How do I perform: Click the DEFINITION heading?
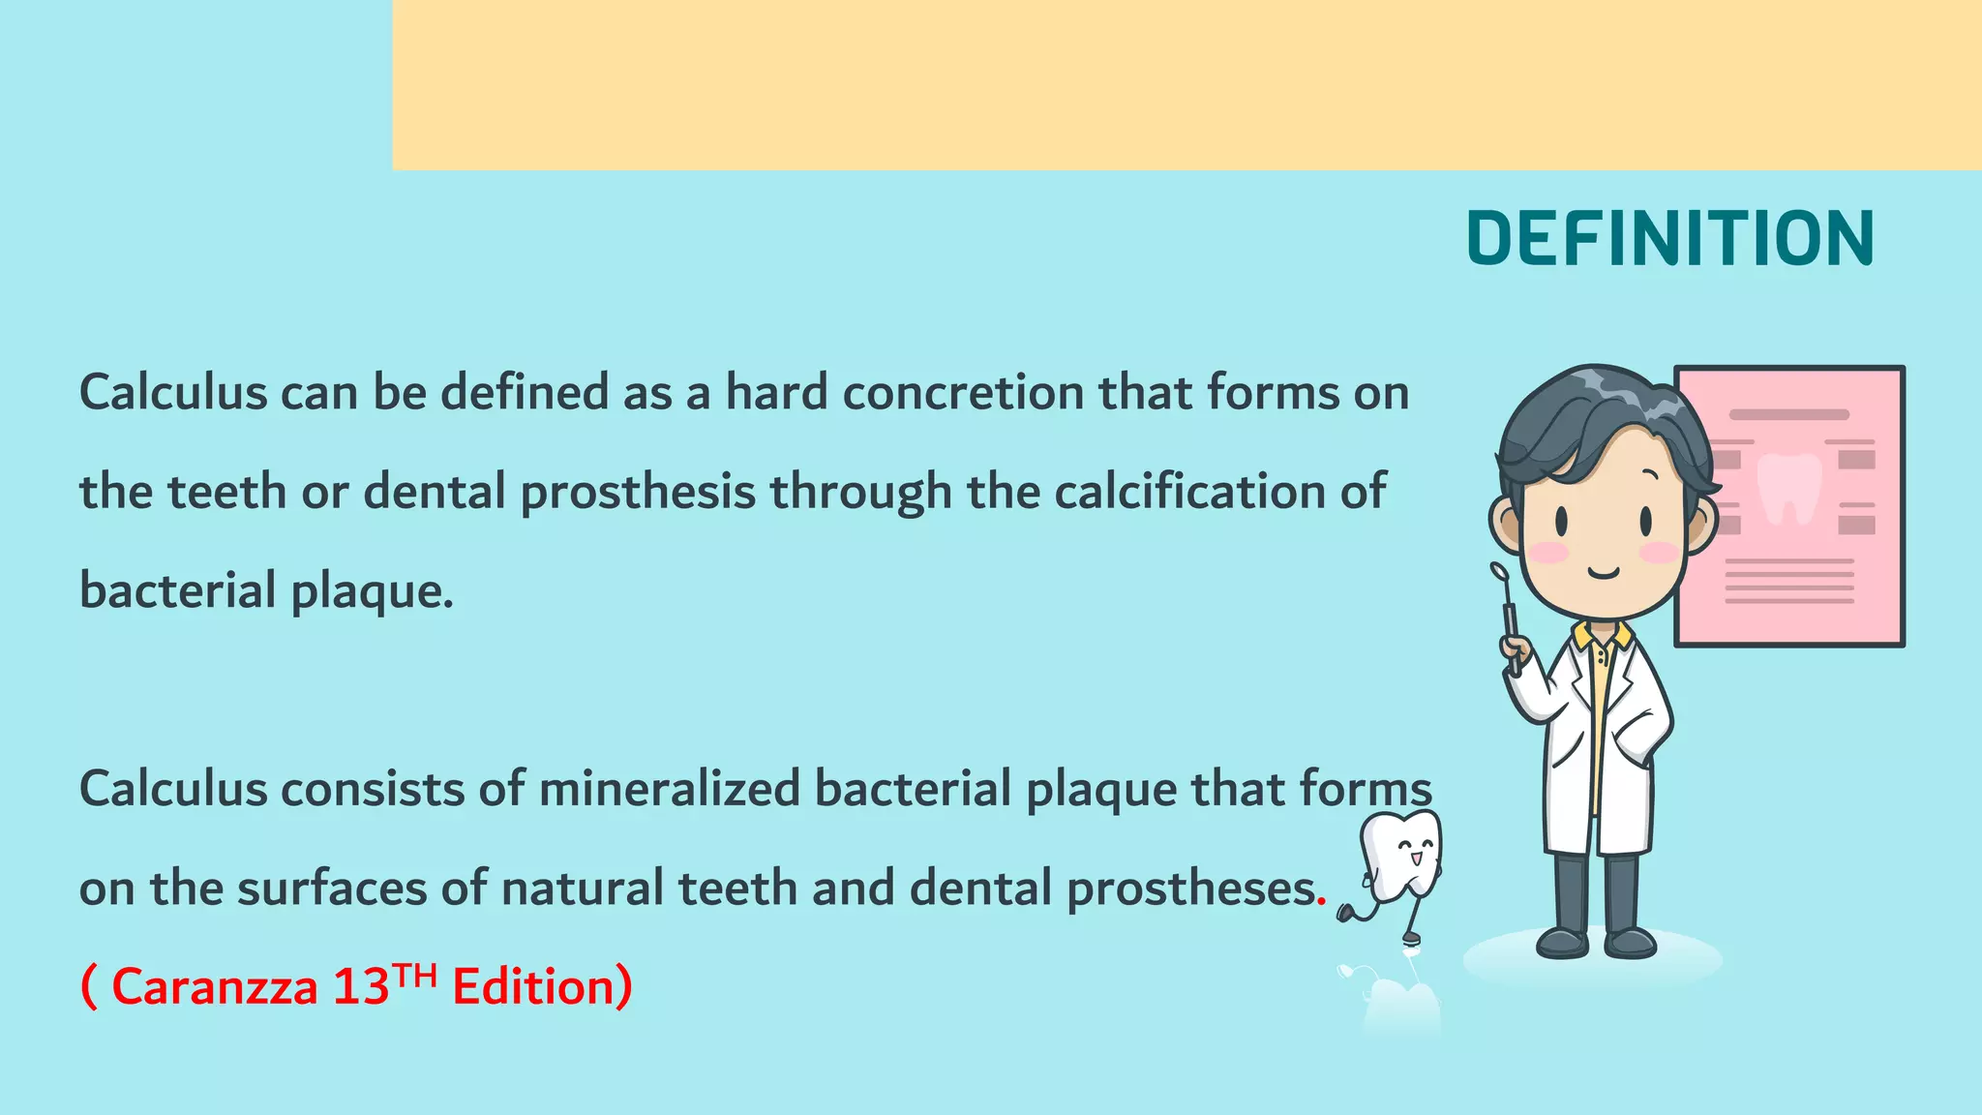click(1670, 238)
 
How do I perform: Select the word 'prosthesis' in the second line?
click(638, 493)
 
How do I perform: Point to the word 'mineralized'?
click(669, 789)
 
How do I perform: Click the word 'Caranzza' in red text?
click(215, 987)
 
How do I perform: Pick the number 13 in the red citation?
click(360, 987)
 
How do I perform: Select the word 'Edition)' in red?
click(542, 987)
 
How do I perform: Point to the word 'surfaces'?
click(331, 889)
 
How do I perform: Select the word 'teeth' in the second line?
click(226, 493)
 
